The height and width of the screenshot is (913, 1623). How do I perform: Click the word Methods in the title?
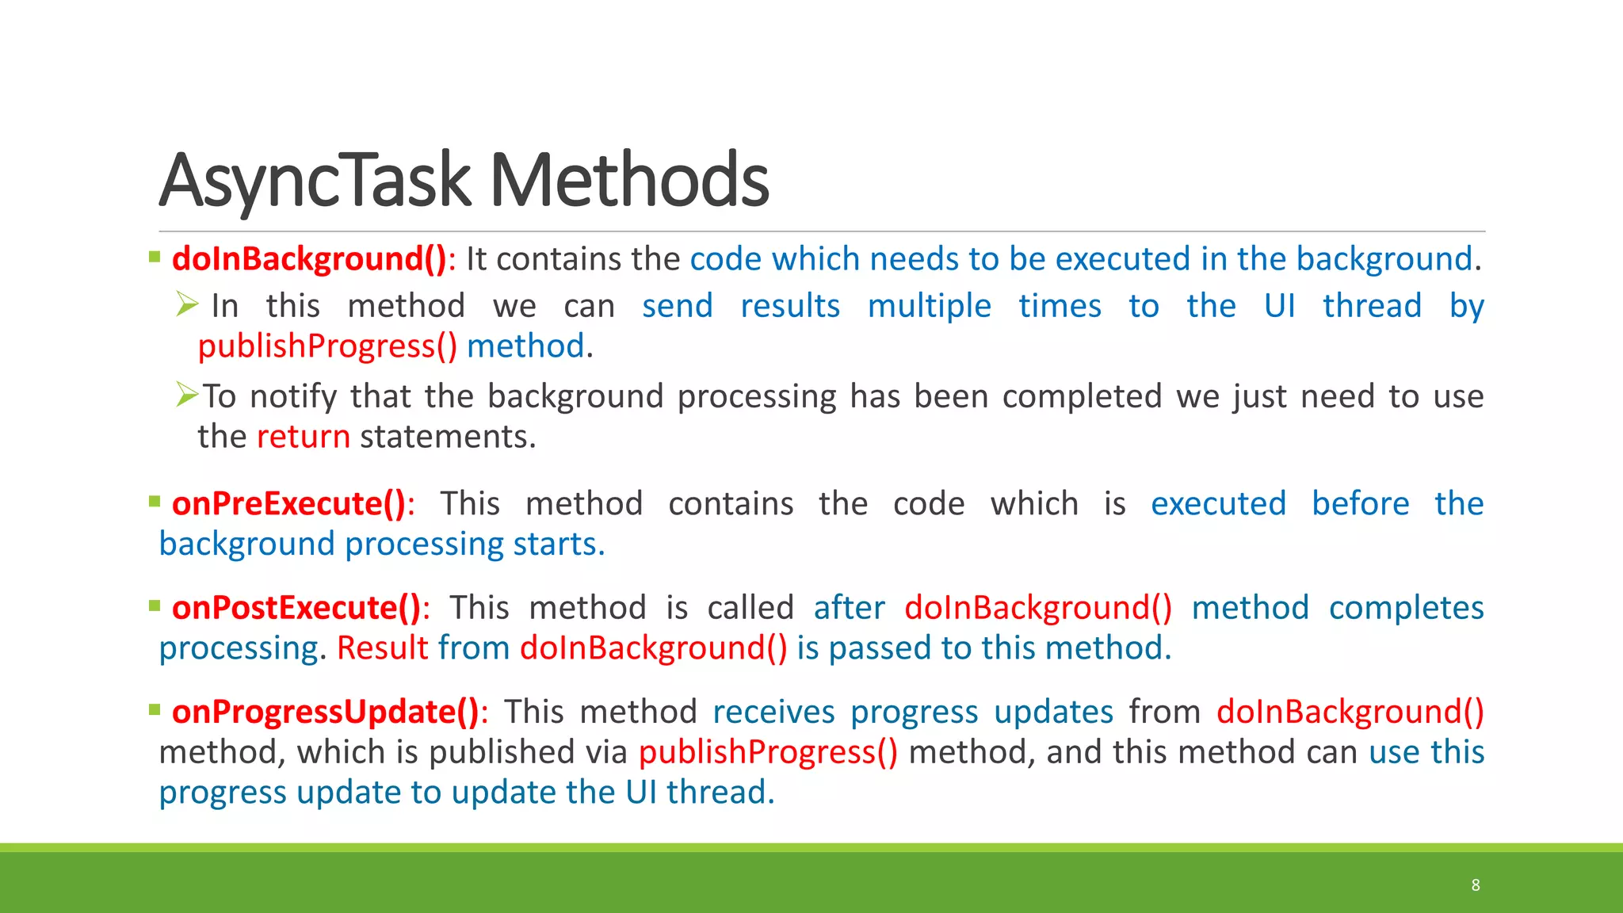click(629, 181)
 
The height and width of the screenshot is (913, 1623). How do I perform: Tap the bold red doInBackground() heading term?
click(310, 259)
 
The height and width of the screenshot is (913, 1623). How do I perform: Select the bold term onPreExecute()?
click(289, 504)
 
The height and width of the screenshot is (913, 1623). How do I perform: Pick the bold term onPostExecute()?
click(296, 608)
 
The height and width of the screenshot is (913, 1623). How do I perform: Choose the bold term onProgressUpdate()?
click(326, 712)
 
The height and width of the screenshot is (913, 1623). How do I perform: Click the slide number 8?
click(1476, 884)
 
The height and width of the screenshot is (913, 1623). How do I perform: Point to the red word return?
click(304, 437)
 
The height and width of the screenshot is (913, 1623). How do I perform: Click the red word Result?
click(383, 648)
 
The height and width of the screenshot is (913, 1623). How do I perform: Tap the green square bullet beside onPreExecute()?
click(155, 501)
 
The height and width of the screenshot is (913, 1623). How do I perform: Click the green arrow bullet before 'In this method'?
click(187, 304)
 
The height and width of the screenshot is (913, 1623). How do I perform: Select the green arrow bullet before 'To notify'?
click(187, 394)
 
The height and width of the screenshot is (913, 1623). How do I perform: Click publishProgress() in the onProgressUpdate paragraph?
click(768, 752)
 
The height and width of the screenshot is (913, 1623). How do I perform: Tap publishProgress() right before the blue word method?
click(327, 347)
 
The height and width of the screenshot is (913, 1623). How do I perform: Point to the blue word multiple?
click(929, 306)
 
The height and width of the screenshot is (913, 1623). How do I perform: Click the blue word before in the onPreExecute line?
click(1360, 504)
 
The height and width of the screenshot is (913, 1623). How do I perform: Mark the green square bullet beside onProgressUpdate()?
click(155, 709)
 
